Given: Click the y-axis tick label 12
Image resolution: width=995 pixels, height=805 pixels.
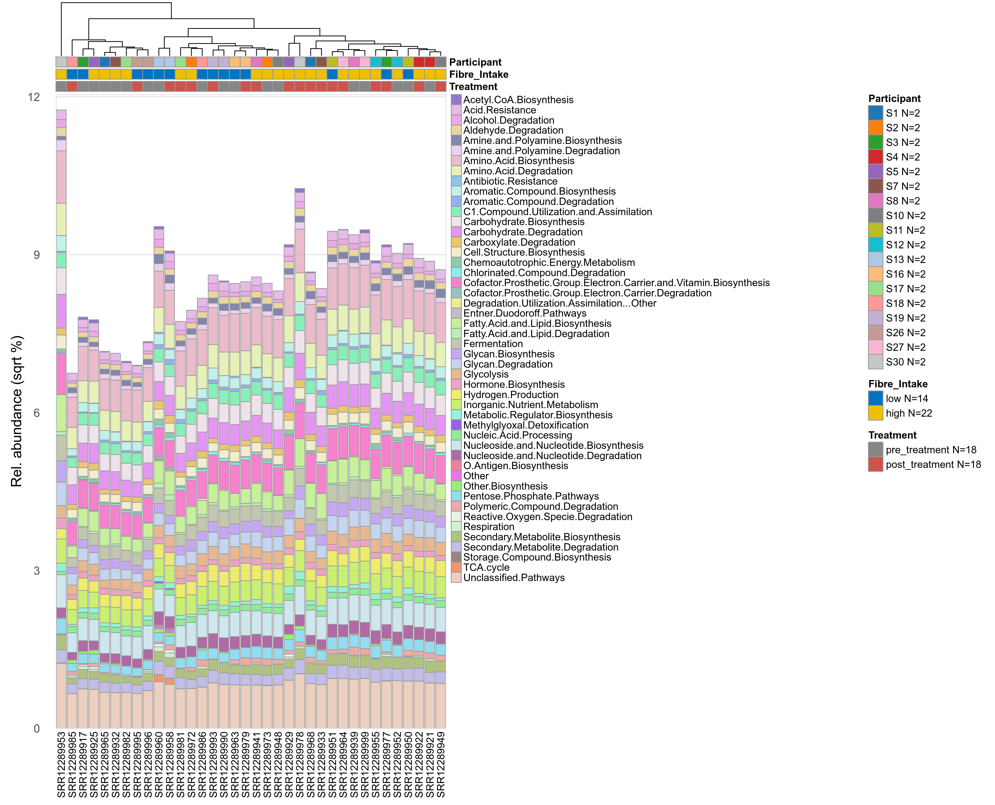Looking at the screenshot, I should [34, 97].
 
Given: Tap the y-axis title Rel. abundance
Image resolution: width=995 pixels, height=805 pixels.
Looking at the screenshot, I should [17, 411].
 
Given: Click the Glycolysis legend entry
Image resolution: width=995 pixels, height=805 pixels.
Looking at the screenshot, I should [486, 374].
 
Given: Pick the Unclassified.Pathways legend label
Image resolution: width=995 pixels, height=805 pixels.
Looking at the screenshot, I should [514, 578].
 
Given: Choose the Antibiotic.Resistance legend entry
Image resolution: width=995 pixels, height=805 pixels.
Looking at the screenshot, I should [510, 181].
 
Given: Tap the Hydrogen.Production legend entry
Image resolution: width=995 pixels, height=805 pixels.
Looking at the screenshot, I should [510, 395].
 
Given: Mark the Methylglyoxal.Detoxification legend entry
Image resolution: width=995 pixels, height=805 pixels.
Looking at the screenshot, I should [525, 425].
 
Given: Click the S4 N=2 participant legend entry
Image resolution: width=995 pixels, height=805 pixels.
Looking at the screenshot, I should [902, 157].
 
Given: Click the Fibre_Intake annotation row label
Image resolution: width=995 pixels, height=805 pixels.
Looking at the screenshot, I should [478, 75].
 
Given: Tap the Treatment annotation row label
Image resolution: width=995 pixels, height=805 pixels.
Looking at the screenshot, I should [473, 87].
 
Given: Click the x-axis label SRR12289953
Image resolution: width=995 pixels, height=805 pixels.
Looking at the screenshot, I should [61, 764].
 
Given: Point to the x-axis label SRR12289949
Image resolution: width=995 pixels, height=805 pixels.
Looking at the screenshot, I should [440, 764].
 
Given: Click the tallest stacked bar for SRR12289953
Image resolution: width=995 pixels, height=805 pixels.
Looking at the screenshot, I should [61, 417].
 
